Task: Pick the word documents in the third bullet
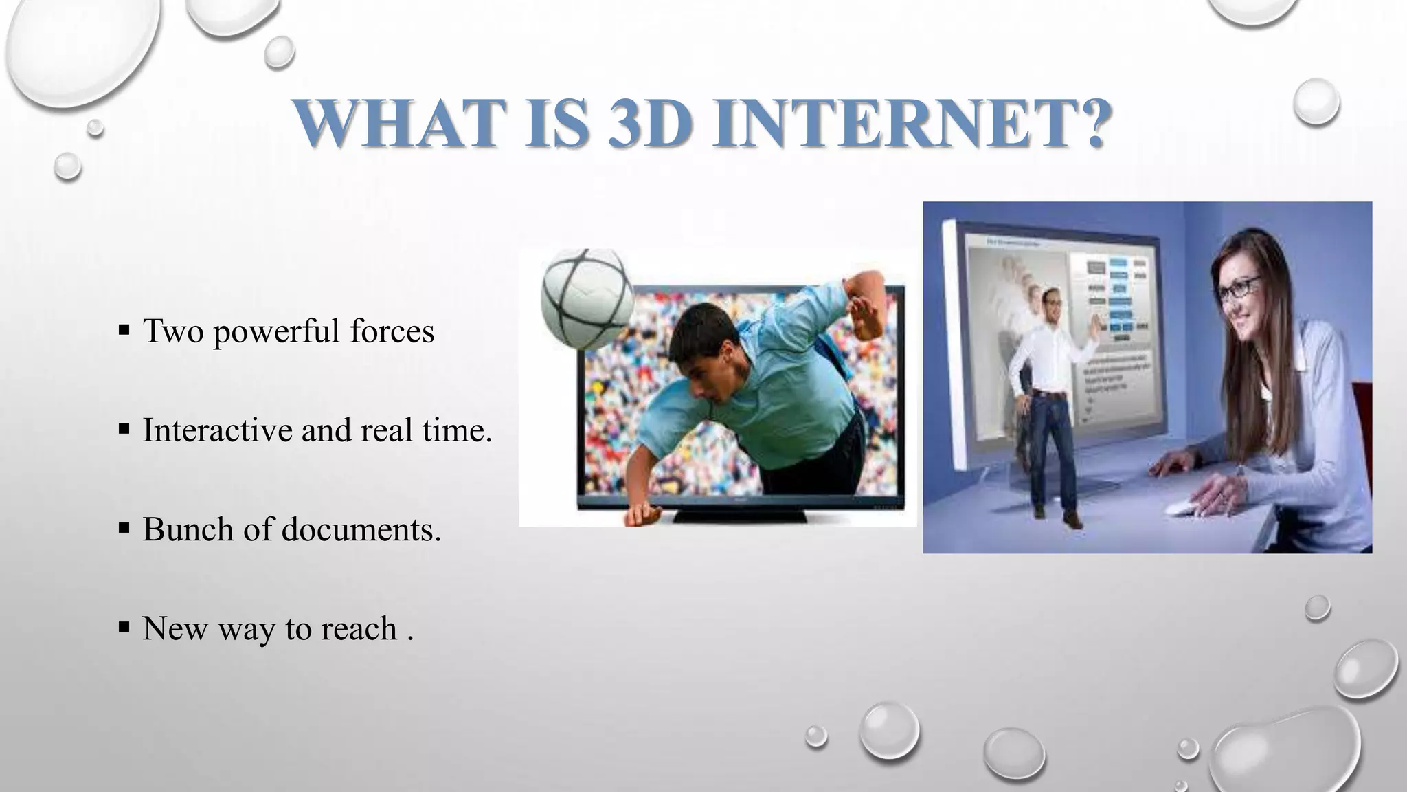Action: tap(361, 530)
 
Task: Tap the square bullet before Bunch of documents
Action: tap(124, 529)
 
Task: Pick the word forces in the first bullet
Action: tap(392, 331)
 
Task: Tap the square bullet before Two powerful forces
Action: tap(124, 331)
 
